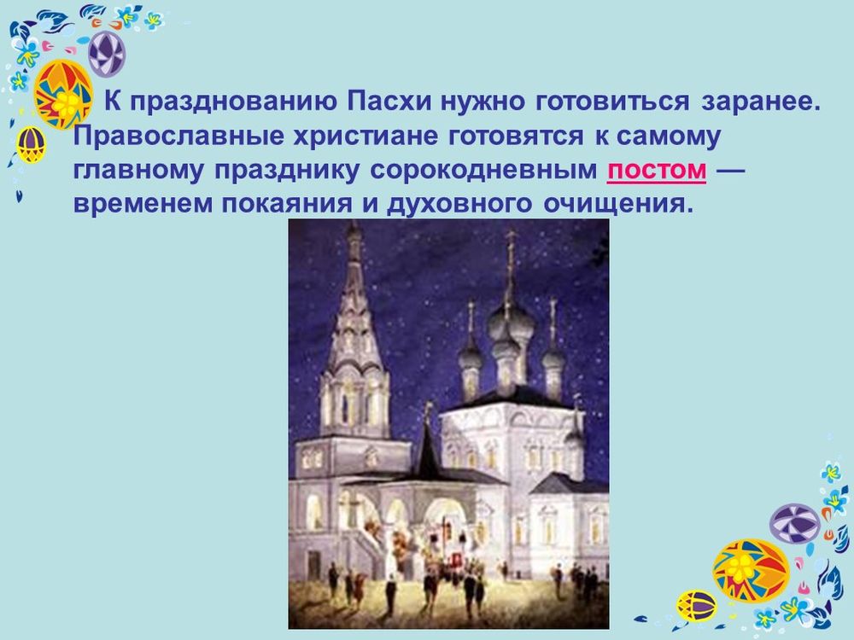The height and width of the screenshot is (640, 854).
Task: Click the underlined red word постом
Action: (x=657, y=171)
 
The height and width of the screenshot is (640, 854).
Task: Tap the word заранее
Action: (x=761, y=103)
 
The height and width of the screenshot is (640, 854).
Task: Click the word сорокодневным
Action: (x=483, y=171)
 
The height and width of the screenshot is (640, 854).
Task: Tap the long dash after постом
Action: (x=731, y=171)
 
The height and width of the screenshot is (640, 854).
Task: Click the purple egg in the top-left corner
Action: (x=107, y=53)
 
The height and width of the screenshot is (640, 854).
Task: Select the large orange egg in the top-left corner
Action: (x=63, y=94)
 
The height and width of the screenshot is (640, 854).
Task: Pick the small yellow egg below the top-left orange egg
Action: (x=32, y=144)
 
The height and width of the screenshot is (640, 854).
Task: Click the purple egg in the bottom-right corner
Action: (x=794, y=523)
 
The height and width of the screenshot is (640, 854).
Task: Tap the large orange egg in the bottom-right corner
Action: (x=751, y=570)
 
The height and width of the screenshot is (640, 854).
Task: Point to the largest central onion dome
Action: (x=510, y=322)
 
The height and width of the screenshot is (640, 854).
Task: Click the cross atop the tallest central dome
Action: (x=511, y=247)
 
